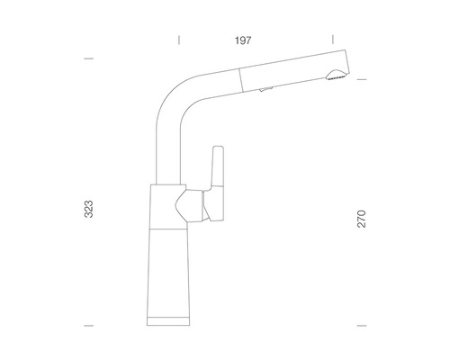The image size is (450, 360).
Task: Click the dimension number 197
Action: click(x=243, y=40)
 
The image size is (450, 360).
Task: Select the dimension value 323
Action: click(x=89, y=209)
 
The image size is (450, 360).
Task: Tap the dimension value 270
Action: click(x=362, y=219)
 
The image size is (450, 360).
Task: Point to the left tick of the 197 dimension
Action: click(x=179, y=40)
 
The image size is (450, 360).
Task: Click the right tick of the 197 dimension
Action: click(x=333, y=40)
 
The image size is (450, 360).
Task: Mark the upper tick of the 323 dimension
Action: click(x=89, y=58)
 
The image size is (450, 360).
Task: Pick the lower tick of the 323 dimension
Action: click(x=89, y=326)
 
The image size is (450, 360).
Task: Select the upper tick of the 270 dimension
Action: click(x=362, y=79)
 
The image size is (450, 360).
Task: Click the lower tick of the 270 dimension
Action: click(x=362, y=326)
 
